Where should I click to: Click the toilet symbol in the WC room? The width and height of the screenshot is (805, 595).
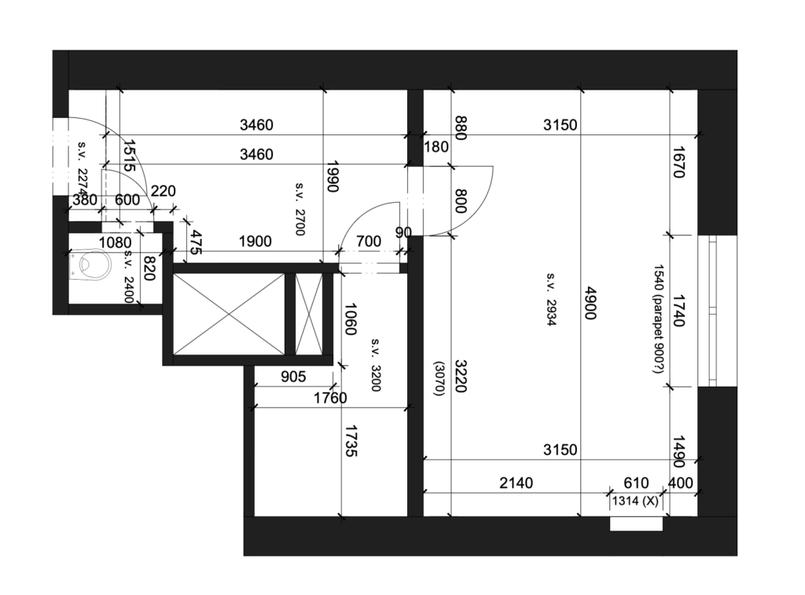pos(91,264)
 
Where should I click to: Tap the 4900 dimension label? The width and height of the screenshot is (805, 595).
pos(591,303)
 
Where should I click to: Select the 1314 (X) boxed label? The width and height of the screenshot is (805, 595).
pos(635,501)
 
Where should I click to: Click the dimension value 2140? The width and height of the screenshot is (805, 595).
pos(516,483)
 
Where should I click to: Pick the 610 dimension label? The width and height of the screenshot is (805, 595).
pos(636,483)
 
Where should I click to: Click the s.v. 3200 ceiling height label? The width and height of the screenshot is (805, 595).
pos(375,365)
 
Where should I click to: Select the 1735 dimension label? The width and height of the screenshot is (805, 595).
pos(351,440)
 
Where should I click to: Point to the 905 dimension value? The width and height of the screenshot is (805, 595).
pos(293,376)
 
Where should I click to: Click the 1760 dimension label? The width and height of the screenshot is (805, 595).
pos(330,398)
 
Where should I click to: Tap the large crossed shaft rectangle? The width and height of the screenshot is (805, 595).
pos(229,314)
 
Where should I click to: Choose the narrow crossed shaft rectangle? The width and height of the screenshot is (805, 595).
pos(309,314)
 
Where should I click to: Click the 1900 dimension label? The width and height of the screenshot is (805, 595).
pos(255,241)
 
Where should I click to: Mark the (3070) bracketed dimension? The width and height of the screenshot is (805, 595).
pos(439,378)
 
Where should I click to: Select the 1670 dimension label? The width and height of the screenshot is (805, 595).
pos(678,162)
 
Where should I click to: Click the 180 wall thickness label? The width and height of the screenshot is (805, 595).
pos(436,147)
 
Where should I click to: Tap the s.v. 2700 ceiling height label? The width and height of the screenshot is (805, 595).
pos(300,208)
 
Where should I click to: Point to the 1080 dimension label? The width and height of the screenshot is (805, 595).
pos(115,242)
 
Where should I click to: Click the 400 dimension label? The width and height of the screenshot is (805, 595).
pos(681,483)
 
